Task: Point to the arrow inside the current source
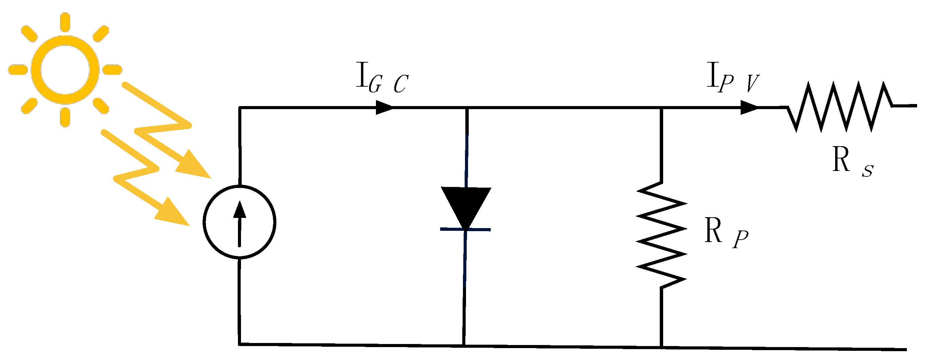point(239,224)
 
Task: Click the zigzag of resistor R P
point(661,235)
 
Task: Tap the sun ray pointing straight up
point(65,22)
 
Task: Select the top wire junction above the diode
point(467,107)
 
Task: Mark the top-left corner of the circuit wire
point(240,107)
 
